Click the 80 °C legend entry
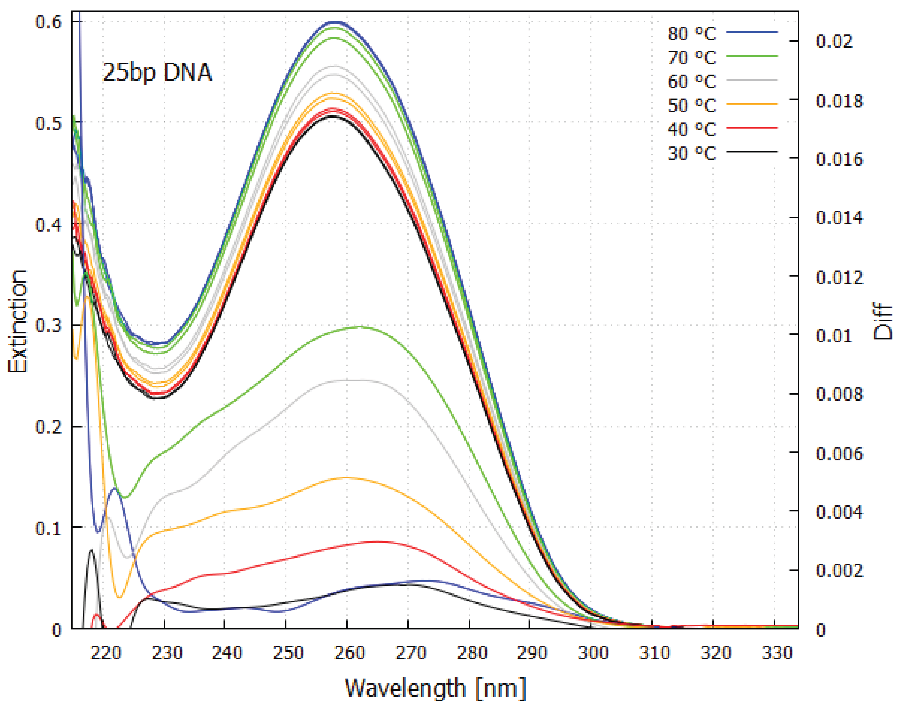691,34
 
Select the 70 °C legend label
691,57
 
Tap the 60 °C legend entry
691,81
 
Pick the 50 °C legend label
691,105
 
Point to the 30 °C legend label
691,153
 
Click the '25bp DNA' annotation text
157,73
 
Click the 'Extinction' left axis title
17,322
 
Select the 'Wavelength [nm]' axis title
435,688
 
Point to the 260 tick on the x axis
350,653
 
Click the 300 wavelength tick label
593,653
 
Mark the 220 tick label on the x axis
106,653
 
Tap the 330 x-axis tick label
777,653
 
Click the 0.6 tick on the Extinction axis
49,21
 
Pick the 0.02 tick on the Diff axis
834,41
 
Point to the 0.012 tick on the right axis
839,277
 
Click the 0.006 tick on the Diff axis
839,453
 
